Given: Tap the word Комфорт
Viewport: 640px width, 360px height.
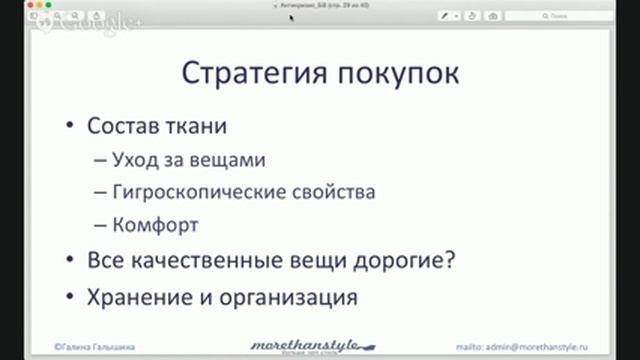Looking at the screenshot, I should click(157, 224).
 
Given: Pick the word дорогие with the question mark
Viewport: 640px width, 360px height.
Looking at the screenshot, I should click(405, 261).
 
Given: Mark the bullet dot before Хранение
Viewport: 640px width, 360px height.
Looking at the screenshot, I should click(69, 297).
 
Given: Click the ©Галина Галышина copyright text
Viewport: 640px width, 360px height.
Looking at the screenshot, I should click(94, 345).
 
